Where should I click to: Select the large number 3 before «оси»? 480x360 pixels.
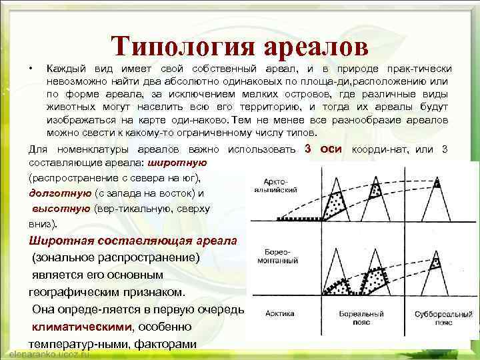point(309,148)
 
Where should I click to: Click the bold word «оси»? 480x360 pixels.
point(331,148)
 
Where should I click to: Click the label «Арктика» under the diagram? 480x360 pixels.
point(279,313)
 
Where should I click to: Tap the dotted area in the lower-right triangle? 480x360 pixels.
point(436,264)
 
